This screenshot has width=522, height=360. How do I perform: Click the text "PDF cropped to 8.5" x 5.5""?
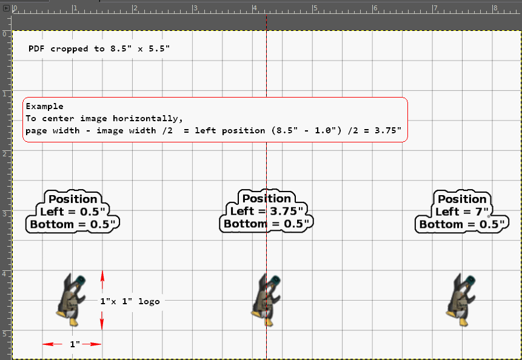point(99,49)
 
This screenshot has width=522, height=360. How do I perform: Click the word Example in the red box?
point(45,107)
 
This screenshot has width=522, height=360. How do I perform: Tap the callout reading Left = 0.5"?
point(73,212)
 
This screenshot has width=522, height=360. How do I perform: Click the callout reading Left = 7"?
point(462,212)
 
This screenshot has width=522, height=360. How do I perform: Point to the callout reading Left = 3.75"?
point(266,212)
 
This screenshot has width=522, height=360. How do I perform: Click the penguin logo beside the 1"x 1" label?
point(72,300)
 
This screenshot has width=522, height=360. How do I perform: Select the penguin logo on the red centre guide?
point(266,300)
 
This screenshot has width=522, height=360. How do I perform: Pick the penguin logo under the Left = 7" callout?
point(461,300)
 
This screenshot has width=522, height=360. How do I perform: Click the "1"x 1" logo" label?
point(130,301)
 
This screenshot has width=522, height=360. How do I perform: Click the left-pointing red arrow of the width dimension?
point(52,344)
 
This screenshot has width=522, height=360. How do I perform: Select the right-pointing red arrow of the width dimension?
point(92,344)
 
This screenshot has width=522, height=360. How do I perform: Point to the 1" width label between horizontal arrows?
point(75,344)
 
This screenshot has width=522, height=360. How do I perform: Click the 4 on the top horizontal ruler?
point(255,8)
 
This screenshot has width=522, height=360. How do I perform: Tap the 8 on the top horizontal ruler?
point(495,8)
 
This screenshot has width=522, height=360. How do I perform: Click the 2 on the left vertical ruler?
point(4,154)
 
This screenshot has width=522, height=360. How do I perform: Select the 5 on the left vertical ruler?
point(4,334)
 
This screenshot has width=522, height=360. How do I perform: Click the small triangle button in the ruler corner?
point(6,8)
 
